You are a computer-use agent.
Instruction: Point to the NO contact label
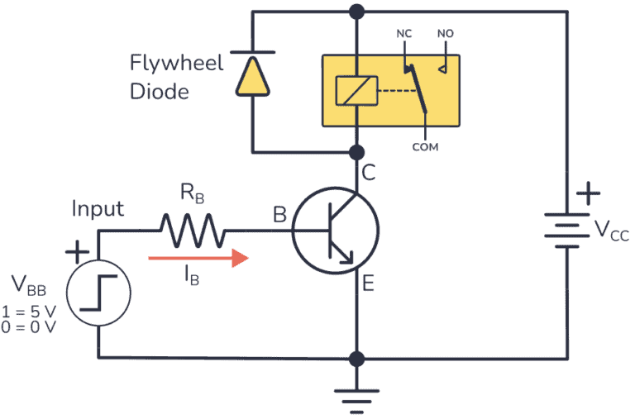click(x=445, y=36)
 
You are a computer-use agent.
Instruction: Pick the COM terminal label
click(x=425, y=146)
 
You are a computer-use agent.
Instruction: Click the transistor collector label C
click(x=369, y=175)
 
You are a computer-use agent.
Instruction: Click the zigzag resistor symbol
click(x=193, y=231)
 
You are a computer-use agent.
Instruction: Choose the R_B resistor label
click(x=193, y=198)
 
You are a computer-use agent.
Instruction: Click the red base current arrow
click(x=198, y=258)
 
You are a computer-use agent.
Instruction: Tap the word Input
click(x=97, y=208)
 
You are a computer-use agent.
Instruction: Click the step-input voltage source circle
click(x=98, y=295)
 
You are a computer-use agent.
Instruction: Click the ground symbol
click(x=357, y=399)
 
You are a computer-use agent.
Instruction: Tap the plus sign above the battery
click(x=589, y=194)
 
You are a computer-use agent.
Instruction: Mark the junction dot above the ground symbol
click(x=357, y=359)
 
